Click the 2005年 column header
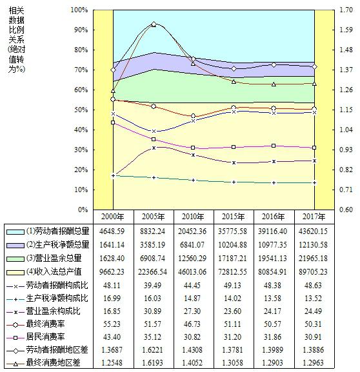coord(153,217)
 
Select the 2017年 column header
coord(314,217)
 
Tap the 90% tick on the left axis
coord(79,30)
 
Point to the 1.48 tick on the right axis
coord(346,50)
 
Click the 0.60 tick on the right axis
coord(346,210)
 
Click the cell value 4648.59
coord(112,231)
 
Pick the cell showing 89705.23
coord(313,271)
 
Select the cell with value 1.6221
coord(152,349)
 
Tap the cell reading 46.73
coord(192,324)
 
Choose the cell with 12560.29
coord(192,258)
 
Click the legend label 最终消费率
coord(45,324)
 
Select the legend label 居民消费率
coord(45,337)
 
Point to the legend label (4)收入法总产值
coord(54,271)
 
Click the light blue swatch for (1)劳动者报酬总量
coord(15,232)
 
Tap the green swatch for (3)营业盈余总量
coord(15,259)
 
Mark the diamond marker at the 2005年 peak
coord(154,24)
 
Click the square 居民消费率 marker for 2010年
coord(193,148)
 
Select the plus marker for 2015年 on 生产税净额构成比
coord(234,182)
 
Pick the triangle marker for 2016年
coord(274,84)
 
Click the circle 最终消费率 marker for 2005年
coord(154,106)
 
